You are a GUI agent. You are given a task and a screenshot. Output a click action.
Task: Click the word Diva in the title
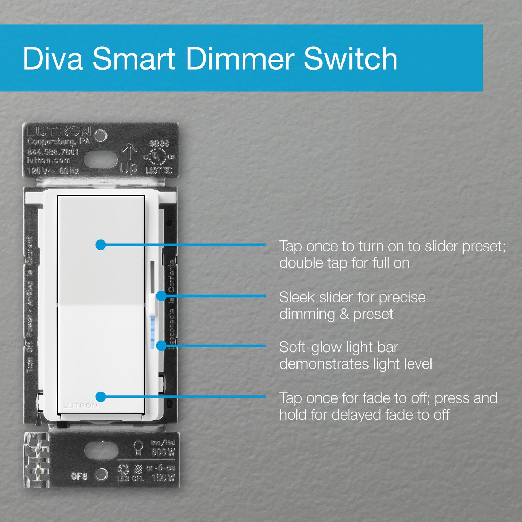(53, 59)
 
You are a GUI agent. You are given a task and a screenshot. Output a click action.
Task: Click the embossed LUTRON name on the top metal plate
(59, 132)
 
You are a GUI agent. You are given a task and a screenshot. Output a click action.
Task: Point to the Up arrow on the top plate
(129, 152)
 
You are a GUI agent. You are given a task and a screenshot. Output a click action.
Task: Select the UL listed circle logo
(157, 157)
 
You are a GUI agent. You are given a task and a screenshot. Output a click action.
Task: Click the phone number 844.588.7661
(53, 152)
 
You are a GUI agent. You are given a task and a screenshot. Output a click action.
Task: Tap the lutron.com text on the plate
(49, 161)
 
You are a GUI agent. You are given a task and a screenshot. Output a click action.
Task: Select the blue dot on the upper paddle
(101, 245)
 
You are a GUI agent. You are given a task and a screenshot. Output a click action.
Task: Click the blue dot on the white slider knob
(161, 296)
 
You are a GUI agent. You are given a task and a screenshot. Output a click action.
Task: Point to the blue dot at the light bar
(161, 346)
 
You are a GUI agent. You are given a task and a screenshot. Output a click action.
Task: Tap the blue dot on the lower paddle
(101, 396)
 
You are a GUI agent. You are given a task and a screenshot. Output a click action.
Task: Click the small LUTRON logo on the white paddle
(80, 405)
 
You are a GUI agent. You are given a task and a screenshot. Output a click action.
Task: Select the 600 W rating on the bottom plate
(163, 452)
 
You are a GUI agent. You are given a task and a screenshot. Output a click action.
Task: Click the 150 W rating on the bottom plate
(163, 477)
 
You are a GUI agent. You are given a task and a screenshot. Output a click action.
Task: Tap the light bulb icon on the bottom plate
(139, 447)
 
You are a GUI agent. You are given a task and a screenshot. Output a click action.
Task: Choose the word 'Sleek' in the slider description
(296, 298)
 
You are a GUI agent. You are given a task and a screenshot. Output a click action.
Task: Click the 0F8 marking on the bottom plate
(79, 476)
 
